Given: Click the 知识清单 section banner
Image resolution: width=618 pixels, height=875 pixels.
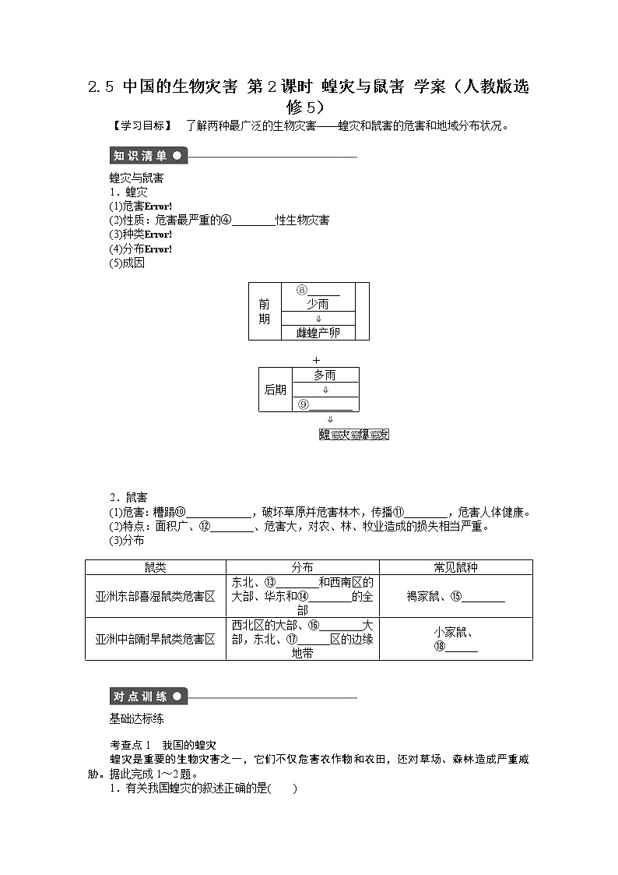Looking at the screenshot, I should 148,155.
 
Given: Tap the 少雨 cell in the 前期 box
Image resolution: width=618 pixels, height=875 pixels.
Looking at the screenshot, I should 317,305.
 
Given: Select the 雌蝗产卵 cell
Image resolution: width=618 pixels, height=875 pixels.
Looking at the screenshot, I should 317,333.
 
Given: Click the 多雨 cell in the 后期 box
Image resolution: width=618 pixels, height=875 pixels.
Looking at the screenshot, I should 325,375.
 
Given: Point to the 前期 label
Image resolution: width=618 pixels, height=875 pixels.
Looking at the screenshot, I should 265,312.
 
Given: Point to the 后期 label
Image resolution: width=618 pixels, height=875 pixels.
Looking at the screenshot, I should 276,390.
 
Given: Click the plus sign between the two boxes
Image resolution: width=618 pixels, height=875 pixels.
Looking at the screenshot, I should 315,360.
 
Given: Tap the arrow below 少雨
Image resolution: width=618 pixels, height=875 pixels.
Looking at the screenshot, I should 317,319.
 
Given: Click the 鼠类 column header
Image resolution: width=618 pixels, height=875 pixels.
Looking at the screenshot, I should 156,567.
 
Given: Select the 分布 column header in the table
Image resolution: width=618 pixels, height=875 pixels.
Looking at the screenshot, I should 302,567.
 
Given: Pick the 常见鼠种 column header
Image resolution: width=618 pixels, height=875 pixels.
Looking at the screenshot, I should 455,567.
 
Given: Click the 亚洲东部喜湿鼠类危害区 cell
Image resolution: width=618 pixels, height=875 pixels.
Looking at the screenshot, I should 156,596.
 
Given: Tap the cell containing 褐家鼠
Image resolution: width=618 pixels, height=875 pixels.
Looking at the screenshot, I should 455,597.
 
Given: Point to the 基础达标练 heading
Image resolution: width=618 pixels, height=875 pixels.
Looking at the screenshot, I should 137,718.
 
